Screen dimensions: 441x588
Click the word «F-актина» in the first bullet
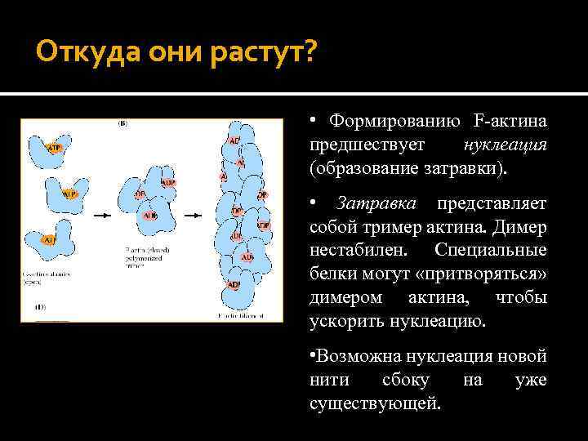point(510,122)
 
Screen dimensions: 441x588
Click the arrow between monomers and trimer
point(102,216)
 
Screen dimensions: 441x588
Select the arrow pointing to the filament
point(193,216)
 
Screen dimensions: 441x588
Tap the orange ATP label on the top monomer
point(54,148)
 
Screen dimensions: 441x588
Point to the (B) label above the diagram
point(122,124)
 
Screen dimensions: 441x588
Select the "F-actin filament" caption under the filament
point(243,314)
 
